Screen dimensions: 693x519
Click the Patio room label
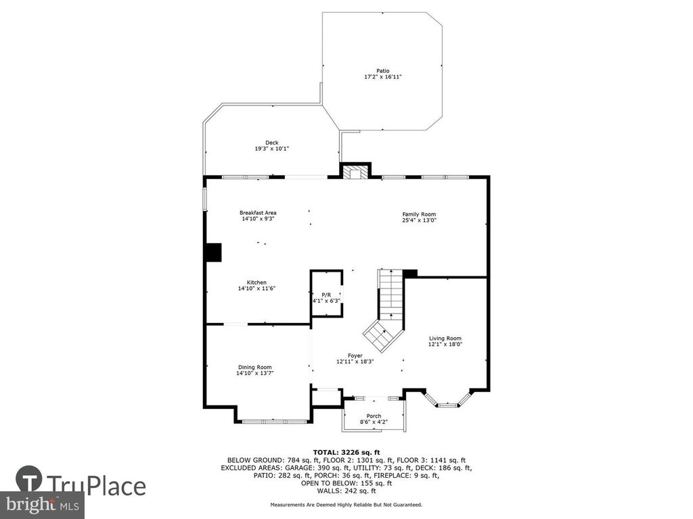click(x=383, y=70)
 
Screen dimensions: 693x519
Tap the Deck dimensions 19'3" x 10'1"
click(x=272, y=149)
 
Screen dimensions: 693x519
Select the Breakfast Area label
click(x=258, y=213)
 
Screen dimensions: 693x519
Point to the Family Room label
click(x=419, y=214)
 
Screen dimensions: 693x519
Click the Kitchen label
click(x=256, y=282)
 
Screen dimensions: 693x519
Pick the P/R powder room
click(x=327, y=293)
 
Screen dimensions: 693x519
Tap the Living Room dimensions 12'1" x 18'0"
click(x=445, y=344)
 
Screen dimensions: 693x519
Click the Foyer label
click(x=355, y=355)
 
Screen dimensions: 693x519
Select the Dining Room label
click(x=255, y=367)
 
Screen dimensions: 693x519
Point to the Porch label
click(x=374, y=416)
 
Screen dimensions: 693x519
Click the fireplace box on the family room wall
click(x=355, y=172)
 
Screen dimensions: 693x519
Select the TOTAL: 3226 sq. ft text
click(x=346, y=452)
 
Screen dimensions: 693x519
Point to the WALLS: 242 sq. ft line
click(x=346, y=491)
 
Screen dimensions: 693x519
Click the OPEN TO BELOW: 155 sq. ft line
click(x=346, y=483)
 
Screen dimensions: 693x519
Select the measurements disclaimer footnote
click(x=346, y=504)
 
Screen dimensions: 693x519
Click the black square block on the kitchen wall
click(x=215, y=253)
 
